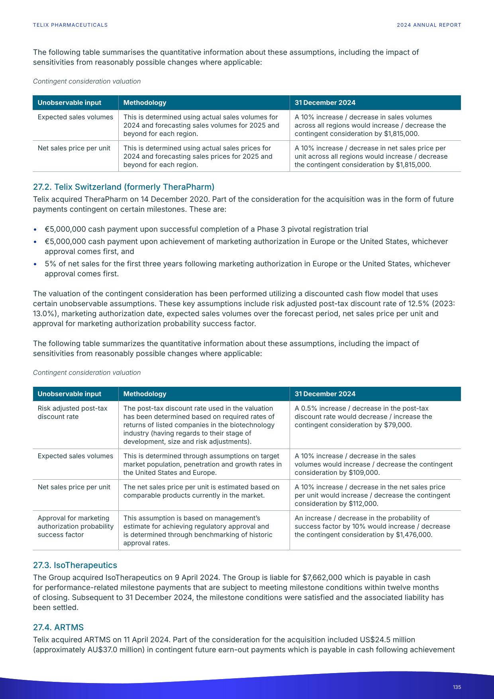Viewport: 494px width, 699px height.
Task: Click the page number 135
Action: click(457, 687)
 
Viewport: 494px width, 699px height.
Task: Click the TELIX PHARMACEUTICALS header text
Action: click(70, 25)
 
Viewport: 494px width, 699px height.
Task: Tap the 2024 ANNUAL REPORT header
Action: click(429, 25)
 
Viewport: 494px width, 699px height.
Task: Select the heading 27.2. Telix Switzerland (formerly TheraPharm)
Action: click(123, 187)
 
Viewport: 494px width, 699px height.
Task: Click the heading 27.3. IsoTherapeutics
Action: click(75, 565)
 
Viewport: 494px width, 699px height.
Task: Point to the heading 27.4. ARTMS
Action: click(58, 627)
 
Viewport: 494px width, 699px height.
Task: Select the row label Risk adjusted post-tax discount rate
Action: click(72, 412)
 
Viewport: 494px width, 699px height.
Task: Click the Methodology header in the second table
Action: click(145, 394)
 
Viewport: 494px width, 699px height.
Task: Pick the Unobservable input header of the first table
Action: click(69, 102)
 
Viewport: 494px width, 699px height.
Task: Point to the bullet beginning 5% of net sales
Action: click(247, 264)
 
